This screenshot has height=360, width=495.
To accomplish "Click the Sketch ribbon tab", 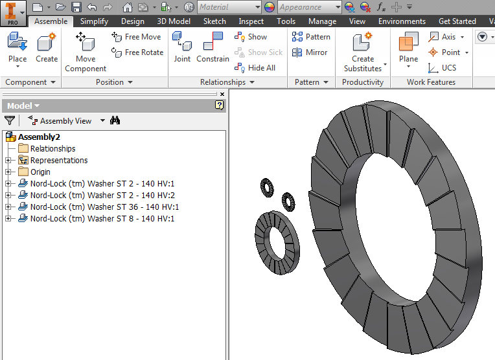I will coord(214,21).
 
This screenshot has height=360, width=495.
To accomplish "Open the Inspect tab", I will coord(251,21).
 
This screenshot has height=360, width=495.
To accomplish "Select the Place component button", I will coord(17,48).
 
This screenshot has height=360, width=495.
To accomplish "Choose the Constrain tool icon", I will coord(213,48).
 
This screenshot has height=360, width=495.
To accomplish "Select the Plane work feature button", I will coord(408,48).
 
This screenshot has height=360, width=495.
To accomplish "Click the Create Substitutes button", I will coord(363,52).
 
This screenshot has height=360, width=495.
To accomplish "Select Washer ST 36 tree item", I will coord(104,207).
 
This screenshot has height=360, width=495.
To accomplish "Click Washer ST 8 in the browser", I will coord(102,219).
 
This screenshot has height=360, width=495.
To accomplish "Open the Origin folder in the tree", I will coord(40,172).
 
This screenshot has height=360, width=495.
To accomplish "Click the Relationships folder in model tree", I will coord(52,149).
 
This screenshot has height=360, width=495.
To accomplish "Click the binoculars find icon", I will coord(115,120).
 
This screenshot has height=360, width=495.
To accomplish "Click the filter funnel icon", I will coord(10,120).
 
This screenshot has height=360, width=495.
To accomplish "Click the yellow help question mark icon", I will coord(220,106).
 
